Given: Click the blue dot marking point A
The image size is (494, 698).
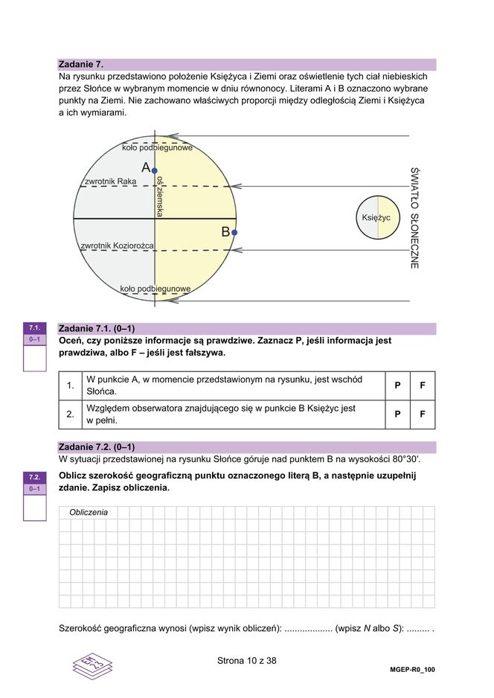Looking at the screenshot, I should tap(155, 170).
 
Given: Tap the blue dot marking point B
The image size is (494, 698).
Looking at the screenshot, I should tap(234, 232).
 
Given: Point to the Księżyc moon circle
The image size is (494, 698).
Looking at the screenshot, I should tap(377, 217).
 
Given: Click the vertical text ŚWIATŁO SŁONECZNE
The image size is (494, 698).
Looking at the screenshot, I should tap(414, 217).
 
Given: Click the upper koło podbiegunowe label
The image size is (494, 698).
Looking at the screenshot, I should tap(157, 148).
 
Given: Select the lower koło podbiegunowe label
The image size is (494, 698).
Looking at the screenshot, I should tap(155, 289).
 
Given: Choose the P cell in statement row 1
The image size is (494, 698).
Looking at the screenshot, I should tap(397, 385).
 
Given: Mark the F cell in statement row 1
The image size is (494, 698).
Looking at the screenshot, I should tap(423, 385).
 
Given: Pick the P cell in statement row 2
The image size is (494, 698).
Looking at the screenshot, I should tap(397, 414).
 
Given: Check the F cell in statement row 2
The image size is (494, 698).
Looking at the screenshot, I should tap(423, 414).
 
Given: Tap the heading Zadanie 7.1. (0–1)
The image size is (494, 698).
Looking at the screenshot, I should tap(96, 328).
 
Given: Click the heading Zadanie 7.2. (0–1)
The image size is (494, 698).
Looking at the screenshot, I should tap(96, 446).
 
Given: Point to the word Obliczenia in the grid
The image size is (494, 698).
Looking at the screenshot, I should tap(89, 513).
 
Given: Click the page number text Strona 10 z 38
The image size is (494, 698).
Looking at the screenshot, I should tap(247, 660).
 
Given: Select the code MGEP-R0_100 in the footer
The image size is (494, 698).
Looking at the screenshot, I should tap(412, 669).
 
